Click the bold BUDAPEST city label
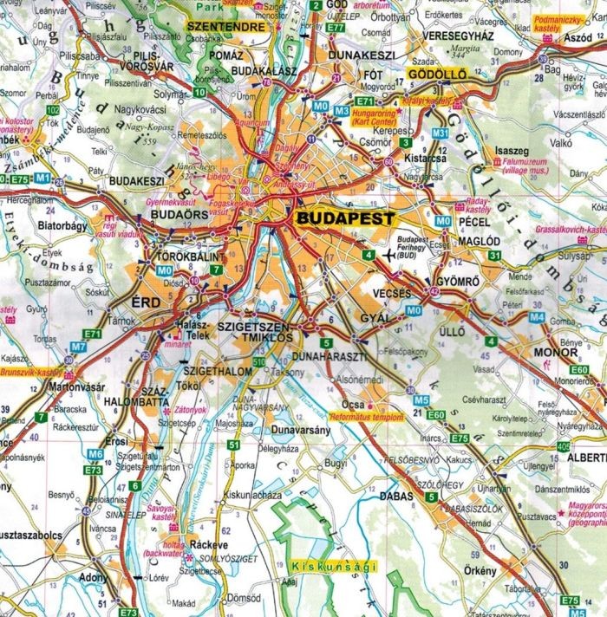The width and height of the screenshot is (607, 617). (344, 218)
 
